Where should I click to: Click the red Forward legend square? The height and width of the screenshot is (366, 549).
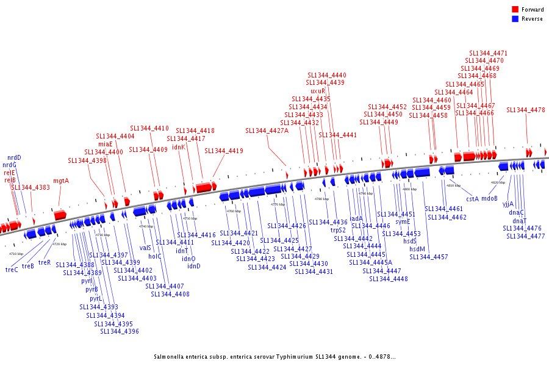pos(515,10)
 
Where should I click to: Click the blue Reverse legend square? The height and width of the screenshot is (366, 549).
pos(515,19)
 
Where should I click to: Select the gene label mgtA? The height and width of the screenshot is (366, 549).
pos(61,181)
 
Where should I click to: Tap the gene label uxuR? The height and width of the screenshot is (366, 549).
pos(318,91)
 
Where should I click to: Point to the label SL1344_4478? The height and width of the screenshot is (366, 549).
pos(525,110)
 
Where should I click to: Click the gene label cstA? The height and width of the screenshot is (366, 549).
pos(472,198)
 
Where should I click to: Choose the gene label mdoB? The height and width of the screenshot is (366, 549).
pos(489,198)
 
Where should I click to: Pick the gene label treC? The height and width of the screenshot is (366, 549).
pos(12,270)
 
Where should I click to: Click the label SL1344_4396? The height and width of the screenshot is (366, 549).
pos(120,331)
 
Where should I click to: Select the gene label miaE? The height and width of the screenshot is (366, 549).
pos(106,144)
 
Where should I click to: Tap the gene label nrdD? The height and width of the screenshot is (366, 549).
pos(14,157)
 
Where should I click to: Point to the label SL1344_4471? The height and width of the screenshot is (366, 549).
pos(488,53)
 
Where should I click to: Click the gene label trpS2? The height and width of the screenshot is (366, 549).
pos(338,230)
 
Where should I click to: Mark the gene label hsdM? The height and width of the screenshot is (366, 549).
pos(417,249)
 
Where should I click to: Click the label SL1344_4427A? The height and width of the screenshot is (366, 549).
pos(267,131)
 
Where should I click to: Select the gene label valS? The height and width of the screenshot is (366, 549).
pos(145,248)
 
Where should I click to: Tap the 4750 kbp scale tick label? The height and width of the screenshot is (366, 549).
pos(190,218)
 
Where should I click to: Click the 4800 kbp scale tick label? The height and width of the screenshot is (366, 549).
pos(409,189)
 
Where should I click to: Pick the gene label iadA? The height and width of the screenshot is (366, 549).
pos(356,218)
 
